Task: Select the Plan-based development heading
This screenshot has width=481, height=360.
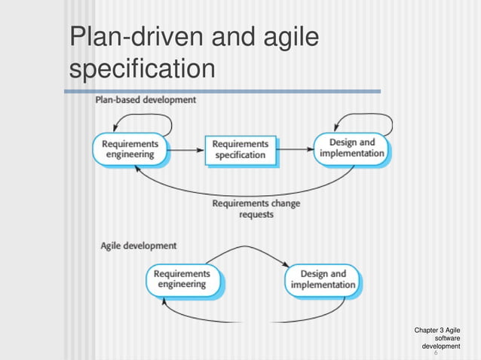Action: click(145, 99)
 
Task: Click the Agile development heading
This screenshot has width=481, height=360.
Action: click(139, 246)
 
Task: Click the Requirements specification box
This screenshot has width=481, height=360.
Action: click(240, 149)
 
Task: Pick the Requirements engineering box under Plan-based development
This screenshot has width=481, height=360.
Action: click(130, 149)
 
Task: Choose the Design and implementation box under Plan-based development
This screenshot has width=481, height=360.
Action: click(352, 148)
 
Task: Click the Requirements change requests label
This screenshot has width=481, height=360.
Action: click(256, 209)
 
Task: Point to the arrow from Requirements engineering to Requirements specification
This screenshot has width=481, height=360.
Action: click(185, 149)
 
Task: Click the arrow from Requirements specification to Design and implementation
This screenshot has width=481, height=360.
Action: click(295, 149)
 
